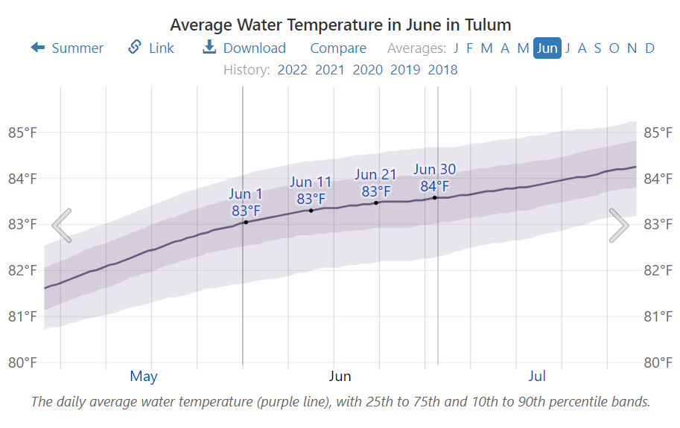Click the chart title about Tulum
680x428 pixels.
340,25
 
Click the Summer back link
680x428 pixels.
67,48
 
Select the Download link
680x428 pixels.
244,48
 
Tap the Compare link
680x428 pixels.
338,48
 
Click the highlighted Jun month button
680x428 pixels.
547,48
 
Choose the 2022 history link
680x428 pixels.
292,70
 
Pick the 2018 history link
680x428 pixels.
442,70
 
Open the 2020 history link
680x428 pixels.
367,70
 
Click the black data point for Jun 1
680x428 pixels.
246,222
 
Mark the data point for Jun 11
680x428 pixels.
311,211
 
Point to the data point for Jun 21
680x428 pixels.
376,202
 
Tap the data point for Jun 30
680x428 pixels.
435,197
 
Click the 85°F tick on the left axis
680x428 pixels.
22,132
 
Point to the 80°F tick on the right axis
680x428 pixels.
658,362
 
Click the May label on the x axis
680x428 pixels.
144,376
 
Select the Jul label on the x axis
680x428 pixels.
537,376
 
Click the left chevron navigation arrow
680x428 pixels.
62,226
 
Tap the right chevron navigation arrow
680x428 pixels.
619,226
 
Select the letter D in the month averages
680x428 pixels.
650,48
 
